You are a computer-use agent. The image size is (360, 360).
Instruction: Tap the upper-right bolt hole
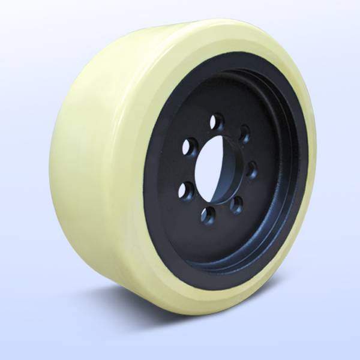[x=244, y=134]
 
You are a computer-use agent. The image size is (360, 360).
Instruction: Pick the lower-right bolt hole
[x=237, y=205]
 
